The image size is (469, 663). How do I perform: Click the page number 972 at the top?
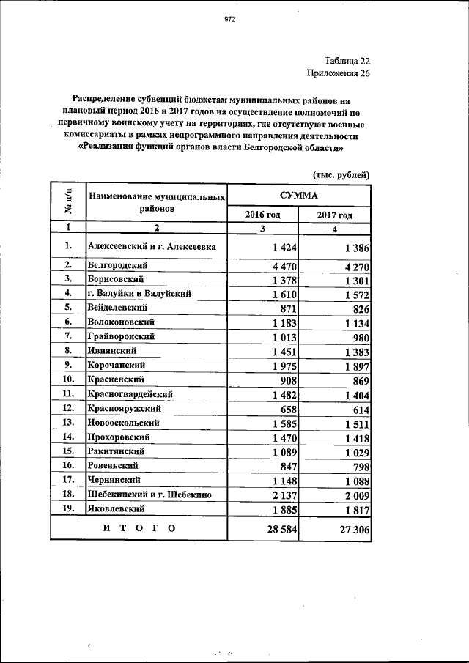pos(229,20)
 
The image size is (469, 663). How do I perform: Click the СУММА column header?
pos(298,196)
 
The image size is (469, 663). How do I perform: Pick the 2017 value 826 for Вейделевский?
pos(357,310)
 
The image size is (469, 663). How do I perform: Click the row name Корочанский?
pos(115,365)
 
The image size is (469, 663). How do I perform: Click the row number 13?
pos(67,422)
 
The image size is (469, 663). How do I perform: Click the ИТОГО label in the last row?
pos(139,527)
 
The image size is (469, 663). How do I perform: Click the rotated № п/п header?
pos(67,202)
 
